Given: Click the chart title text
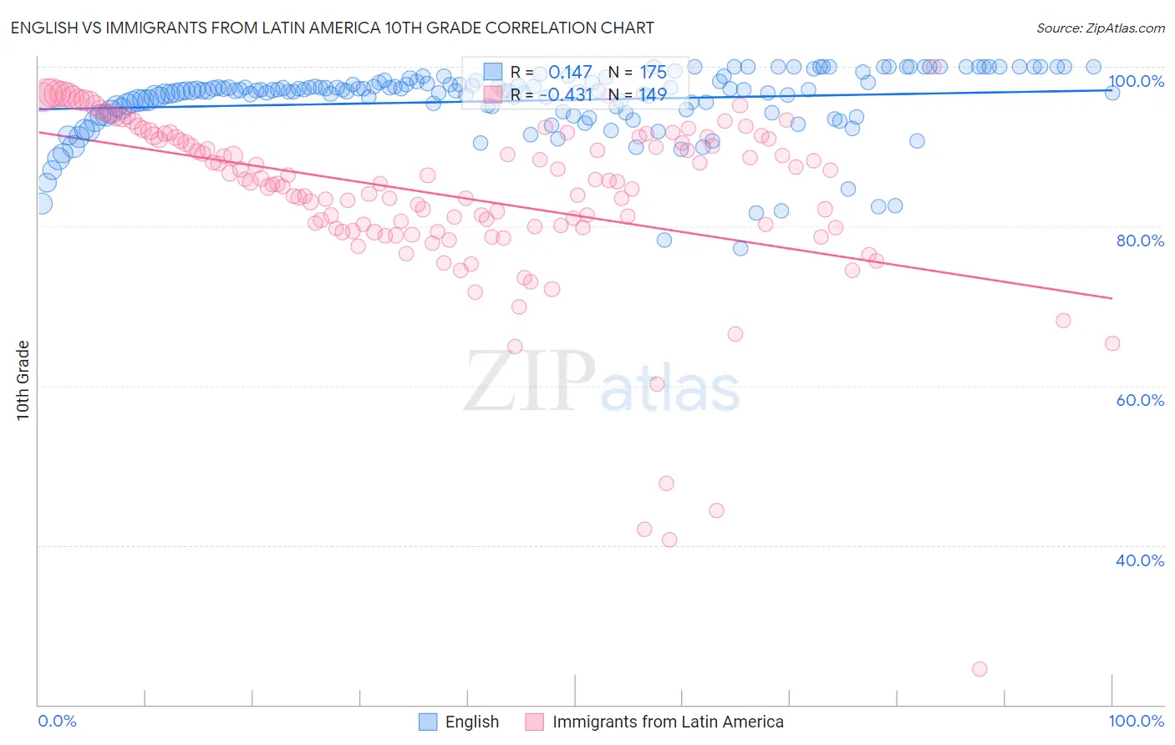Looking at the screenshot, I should click(x=332, y=28).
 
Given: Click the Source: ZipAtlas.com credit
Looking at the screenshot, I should click(x=1100, y=28).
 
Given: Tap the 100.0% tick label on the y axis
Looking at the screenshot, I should click(x=1136, y=81).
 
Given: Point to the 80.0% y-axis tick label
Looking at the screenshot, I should click(x=1140, y=241).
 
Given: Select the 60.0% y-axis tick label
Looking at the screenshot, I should click(x=1140, y=400).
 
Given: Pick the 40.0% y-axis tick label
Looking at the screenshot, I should click(x=1140, y=560).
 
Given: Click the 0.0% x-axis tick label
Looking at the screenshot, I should click(x=57, y=721).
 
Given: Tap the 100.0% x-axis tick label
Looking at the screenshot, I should click(x=1136, y=721).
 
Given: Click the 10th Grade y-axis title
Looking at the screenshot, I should click(x=23, y=380).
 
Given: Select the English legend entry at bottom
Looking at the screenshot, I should click(x=471, y=722).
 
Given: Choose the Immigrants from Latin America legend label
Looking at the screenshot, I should click(x=668, y=722).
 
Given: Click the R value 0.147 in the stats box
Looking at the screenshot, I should click(x=570, y=72).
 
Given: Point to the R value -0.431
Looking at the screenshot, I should click(x=565, y=94).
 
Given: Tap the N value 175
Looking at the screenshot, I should click(x=653, y=72).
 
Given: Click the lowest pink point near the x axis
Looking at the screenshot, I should click(x=979, y=669).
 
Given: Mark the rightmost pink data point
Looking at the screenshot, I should click(x=1112, y=343).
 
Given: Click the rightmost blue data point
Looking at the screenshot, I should click(x=1112, y=93).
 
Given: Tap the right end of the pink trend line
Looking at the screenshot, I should click(x=1112, y=298).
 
